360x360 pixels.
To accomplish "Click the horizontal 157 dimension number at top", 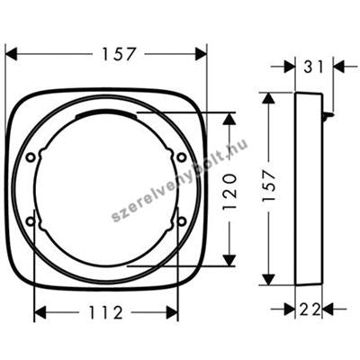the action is (x=119, y=54).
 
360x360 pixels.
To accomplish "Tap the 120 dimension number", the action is (x=229, y=192).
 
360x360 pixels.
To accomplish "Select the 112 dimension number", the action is (x=105, y=313).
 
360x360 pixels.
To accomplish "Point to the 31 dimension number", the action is (x=314, y=67).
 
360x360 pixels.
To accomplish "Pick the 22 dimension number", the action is (x=309, y=310).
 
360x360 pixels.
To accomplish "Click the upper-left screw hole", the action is (x=31, y=157).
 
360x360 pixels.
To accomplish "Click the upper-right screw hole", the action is (x=181, y=157).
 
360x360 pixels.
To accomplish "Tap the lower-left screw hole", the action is (x=31, y=221).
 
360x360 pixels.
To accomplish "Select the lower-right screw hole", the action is (x=181, y=220).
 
